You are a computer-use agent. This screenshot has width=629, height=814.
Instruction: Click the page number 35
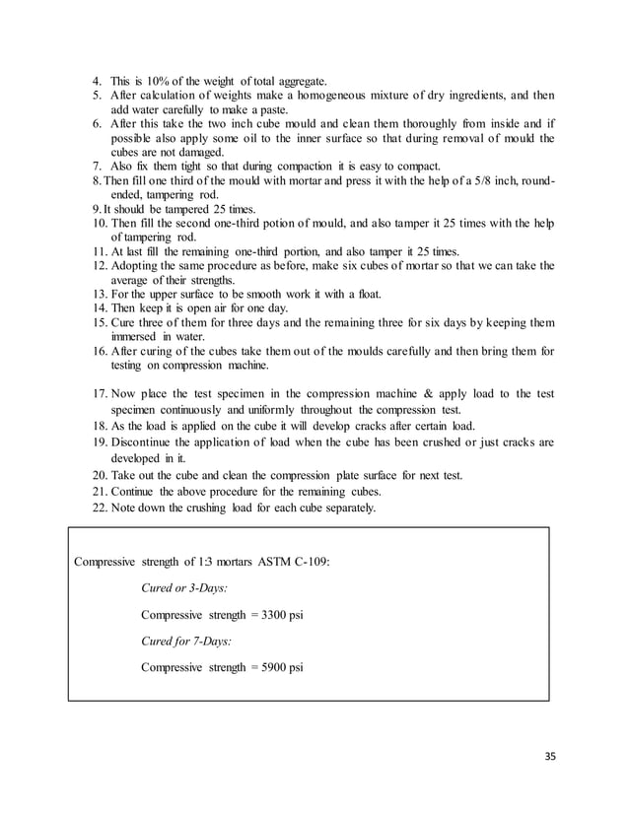tap(549, 757)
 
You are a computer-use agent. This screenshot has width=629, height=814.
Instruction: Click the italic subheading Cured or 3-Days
tap(184, 588)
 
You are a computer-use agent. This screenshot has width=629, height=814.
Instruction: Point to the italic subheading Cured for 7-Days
tap(187, 641)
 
